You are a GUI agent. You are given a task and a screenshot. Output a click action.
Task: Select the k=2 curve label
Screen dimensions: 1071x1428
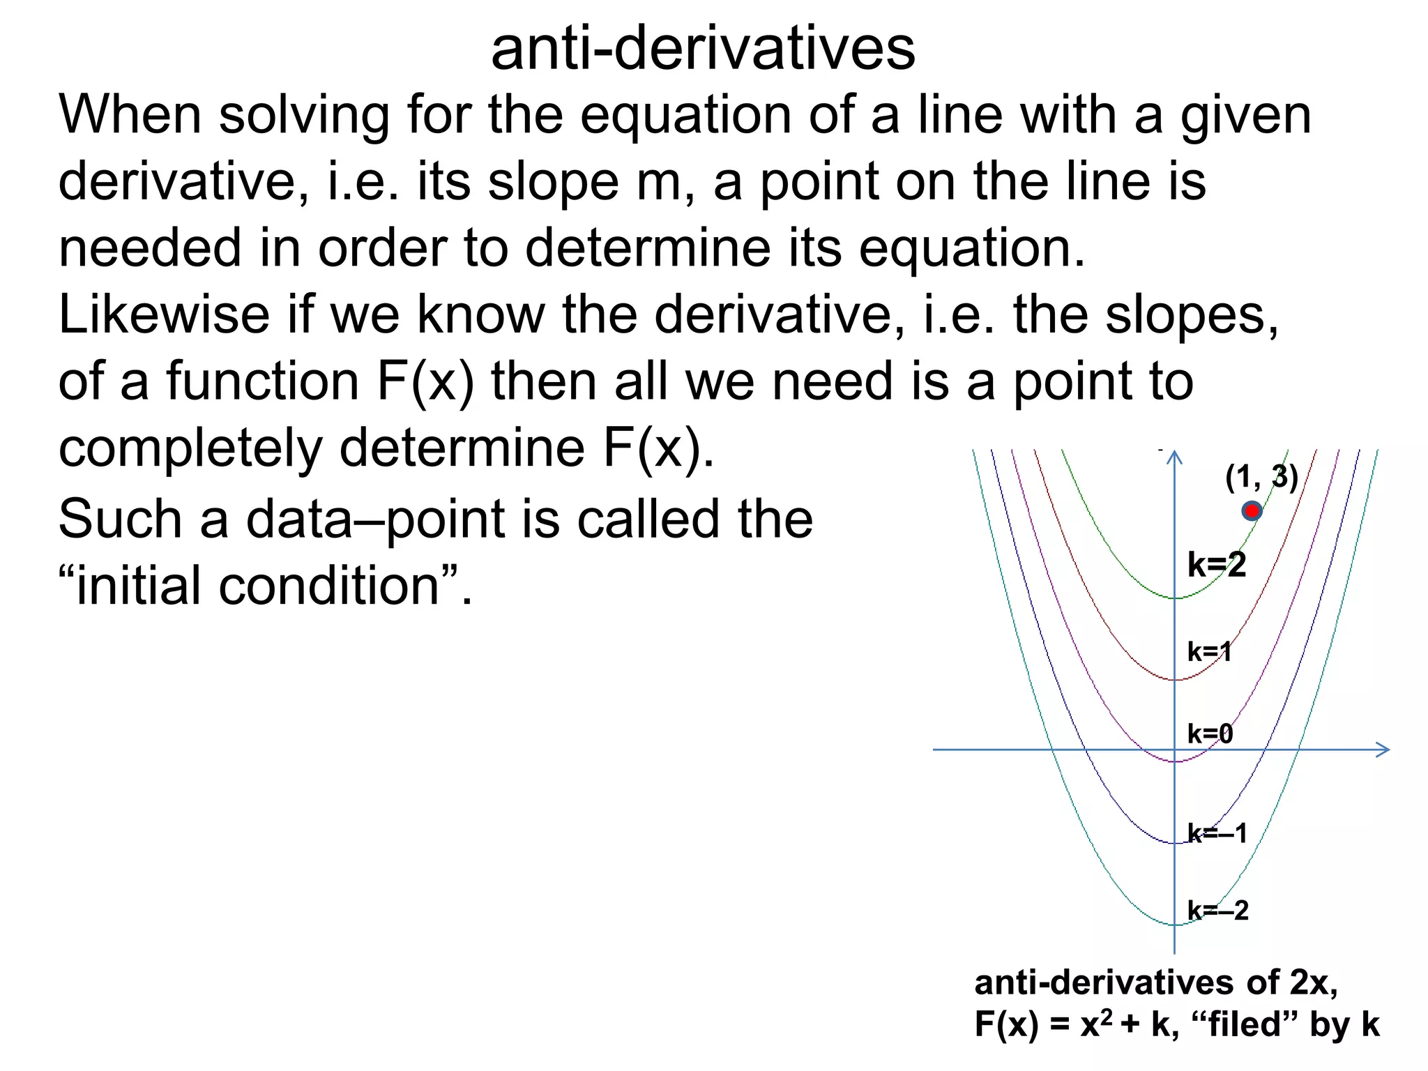1217,565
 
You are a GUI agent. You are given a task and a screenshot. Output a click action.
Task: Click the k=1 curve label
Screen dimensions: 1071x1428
1210,652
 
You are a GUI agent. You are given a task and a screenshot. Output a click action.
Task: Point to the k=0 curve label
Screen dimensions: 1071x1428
1210,734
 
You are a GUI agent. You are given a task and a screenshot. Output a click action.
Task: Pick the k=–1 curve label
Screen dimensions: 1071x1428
1217,833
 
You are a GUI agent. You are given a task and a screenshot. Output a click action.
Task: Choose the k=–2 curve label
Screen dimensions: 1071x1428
1218,911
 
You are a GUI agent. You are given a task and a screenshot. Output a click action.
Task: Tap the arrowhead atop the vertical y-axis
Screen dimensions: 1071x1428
1175,457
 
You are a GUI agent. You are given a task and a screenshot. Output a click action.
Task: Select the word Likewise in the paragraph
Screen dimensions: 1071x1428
164,314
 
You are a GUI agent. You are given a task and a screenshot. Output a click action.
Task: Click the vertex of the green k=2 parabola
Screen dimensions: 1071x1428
1175,598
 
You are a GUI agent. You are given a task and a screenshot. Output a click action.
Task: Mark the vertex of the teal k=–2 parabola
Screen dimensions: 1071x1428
1175,925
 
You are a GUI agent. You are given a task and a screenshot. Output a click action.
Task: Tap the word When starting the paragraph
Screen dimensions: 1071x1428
130,114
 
